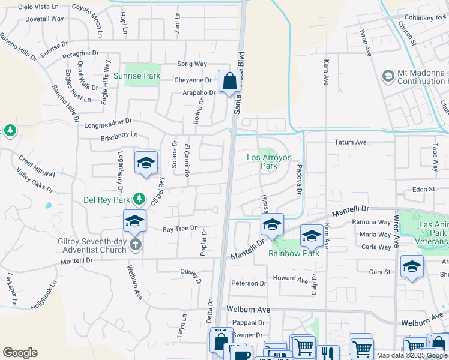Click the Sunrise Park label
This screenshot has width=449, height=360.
click(x=137, y=76)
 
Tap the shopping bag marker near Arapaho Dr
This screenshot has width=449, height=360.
click(x=229, y=81)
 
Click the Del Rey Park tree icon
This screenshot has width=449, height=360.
click(x=139, y=198)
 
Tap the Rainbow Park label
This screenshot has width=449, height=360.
click(x=294, y=253)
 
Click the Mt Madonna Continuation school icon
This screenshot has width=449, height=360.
click(x=388, y=76)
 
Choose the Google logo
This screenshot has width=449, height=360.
click(x=20, y=353)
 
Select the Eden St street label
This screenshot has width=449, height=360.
click(x=423, y=190)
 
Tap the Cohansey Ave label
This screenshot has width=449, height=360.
click(x=426, y=18)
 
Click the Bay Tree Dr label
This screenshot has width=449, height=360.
click(x=180, y=229)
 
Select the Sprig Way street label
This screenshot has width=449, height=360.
click(x=192, y=64)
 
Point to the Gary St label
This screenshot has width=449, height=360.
click(x=379, y=272)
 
